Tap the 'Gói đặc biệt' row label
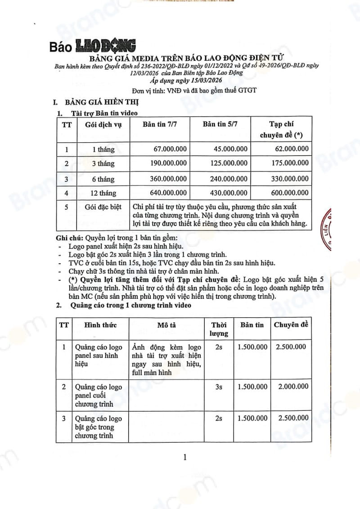pos(100,207)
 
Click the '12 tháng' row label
pos(100,194)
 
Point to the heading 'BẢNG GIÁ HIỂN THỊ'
pos(97,102)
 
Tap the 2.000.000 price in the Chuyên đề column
pos(293,386)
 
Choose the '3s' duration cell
pos(219,386)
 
